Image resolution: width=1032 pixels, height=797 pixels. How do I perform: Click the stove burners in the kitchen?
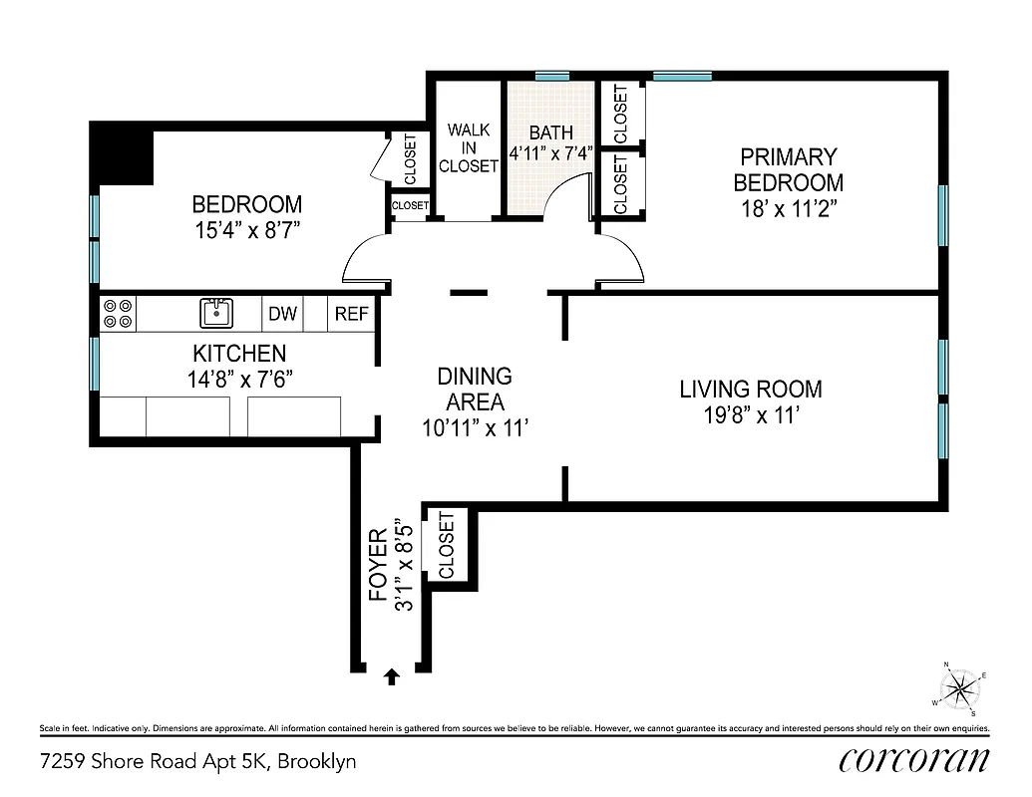118,314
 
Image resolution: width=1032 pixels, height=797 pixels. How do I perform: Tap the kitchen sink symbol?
216,313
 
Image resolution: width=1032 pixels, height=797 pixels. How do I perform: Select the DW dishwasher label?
282,315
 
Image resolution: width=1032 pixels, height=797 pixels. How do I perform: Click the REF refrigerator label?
351,315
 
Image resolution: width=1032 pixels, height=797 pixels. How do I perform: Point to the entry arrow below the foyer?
392,676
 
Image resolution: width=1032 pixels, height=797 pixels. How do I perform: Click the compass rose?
959,686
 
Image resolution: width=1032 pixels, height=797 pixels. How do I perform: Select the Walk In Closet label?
468,148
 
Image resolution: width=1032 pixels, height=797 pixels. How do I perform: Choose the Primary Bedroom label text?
788,169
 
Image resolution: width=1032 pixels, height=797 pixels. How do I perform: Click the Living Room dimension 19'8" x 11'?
751,415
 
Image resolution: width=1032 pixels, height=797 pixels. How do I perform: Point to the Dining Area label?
475,390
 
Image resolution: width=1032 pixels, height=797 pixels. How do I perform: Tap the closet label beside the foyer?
446,545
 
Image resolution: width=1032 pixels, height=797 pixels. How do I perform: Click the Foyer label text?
379,565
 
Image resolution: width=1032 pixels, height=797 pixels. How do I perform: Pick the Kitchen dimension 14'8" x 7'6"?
238,379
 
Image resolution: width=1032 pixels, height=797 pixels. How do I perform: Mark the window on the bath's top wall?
551,76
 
